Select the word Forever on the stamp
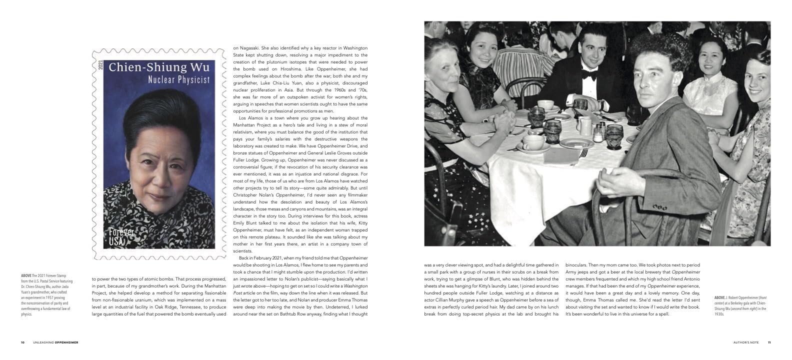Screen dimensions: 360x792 point(121,232)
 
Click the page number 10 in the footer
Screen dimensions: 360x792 point(22,342)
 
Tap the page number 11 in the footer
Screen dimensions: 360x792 point(769,342)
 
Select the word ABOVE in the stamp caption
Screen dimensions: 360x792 point(26,275)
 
